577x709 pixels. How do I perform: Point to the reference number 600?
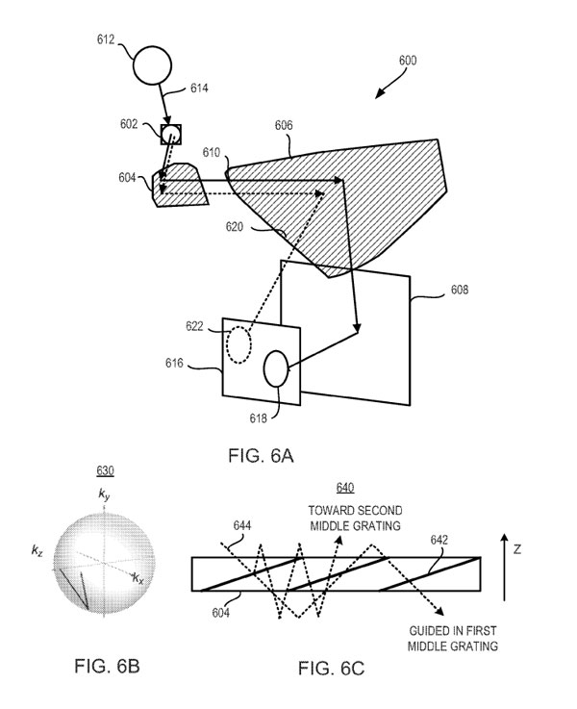point(408,61)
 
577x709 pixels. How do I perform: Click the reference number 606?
point(284,125)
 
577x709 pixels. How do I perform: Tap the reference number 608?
point(460,290)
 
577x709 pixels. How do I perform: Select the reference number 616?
point(174,363)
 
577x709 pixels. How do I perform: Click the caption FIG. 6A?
point(262,455)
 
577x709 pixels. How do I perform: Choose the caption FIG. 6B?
point(107,666)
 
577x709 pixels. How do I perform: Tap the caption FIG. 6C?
point(331,669)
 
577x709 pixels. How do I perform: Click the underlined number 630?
point(105,471)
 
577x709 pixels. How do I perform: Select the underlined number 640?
point(345,488)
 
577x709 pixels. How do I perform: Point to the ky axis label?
point(104,494)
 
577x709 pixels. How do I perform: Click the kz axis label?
point(38,550)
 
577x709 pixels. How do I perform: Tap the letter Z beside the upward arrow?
point(517,549)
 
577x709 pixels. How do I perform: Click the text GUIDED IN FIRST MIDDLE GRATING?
point(453,639)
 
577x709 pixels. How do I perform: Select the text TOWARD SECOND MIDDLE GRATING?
point(355,519)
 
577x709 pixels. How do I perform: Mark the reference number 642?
point(439,540)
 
